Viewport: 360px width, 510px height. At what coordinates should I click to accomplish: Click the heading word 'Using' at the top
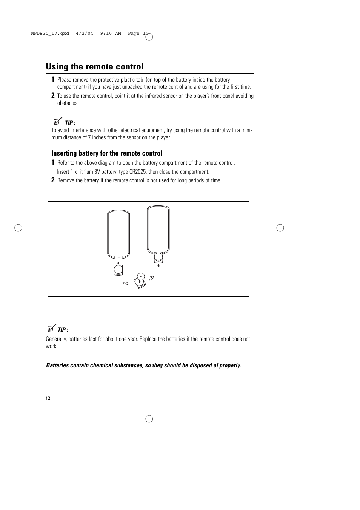point(57,67)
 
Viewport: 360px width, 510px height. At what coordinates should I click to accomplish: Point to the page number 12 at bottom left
point(48,398)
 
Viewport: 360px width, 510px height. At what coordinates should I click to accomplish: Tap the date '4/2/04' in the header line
point(84,34)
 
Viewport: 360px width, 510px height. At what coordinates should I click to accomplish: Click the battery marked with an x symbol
point(141,277)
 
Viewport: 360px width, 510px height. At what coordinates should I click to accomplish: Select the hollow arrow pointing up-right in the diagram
point(152,279)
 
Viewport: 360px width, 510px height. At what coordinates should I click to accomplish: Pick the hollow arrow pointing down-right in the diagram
point(126,283)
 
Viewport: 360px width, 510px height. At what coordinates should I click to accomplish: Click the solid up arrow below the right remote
point(159,265)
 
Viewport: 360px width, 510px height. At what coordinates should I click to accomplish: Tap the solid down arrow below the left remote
point(118,263)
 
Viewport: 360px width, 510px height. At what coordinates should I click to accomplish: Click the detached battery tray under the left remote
point(118,270)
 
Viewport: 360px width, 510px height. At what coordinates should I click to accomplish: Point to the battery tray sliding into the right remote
point(158,257)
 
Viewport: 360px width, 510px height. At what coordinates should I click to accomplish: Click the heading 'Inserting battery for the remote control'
point(107,153)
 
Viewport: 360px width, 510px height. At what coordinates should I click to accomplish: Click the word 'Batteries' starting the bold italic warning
point(58,365)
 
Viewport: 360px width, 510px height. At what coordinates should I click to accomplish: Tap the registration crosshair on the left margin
point(18,228)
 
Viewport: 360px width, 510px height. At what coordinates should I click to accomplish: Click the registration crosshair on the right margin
point(280,228)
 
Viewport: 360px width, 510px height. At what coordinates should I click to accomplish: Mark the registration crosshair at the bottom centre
point(149,419)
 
